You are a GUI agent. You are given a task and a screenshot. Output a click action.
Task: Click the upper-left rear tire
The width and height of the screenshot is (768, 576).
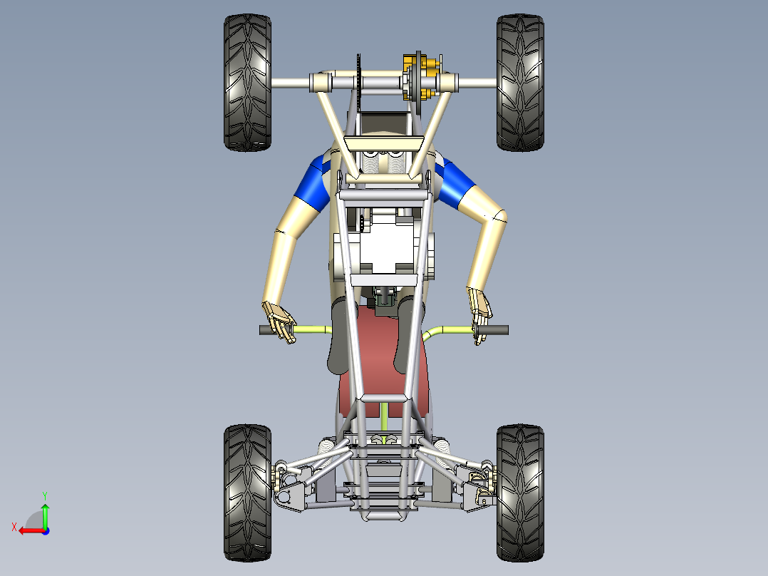click(x=247, y=82)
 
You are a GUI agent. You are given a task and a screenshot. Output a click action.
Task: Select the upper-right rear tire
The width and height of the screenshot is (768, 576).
click(x=520, y=82)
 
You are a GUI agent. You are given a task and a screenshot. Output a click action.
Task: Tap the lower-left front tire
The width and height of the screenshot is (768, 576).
click(x=247, y=492)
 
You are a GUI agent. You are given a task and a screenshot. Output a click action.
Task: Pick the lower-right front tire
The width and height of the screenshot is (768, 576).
click(x=520, y=492)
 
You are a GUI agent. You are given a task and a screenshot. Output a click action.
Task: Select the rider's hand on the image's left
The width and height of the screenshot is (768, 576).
click(x=279, y=320)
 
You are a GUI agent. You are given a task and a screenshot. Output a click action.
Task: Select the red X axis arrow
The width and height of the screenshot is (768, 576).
click(x=28, y=530)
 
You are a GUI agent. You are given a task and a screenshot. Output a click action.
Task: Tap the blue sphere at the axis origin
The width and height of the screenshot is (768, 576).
click(x=45, y=530)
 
